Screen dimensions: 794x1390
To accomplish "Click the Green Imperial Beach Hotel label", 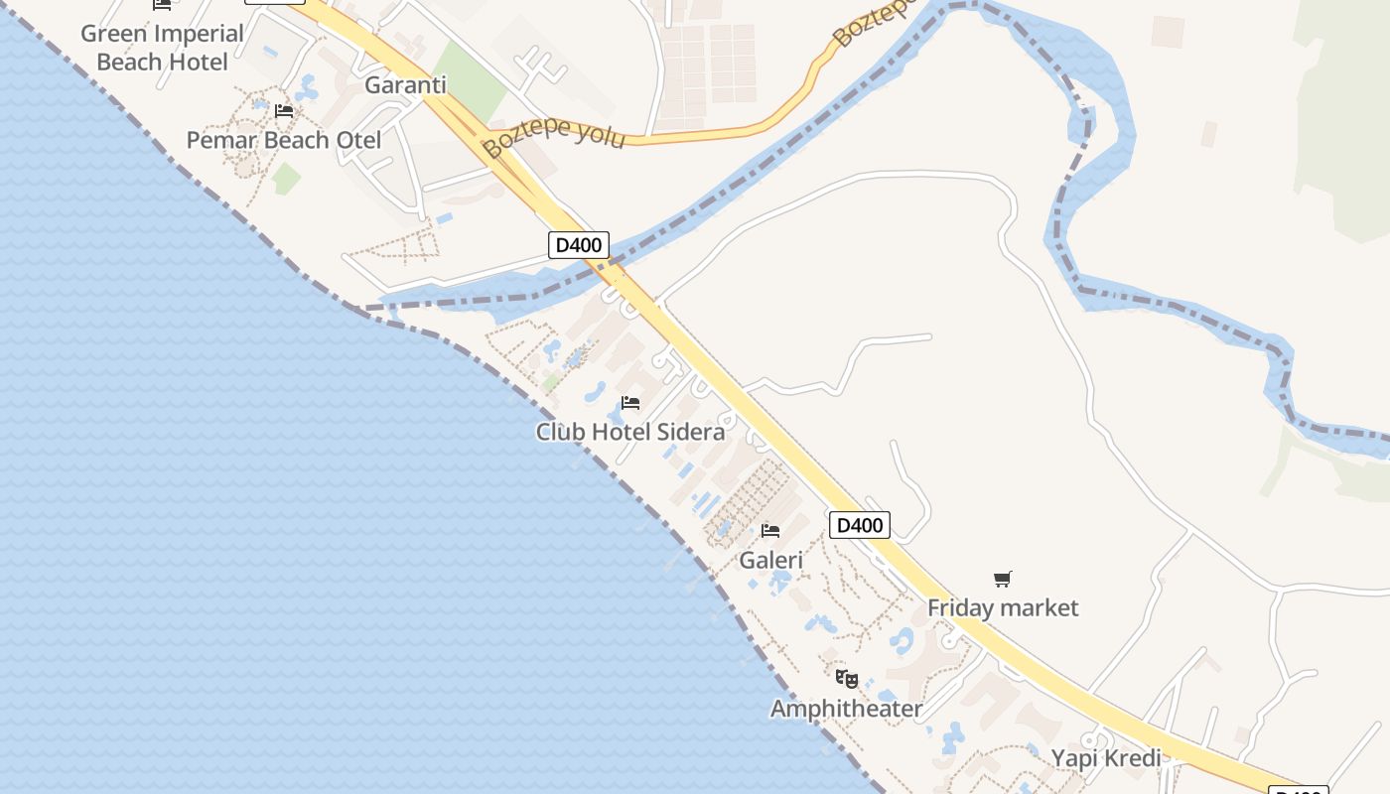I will [x=162, y=48].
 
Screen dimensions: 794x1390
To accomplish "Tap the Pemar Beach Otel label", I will [x=284, y=140].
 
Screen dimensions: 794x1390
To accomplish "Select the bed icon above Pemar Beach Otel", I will [x=284, y=111].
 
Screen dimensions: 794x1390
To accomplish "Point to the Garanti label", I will [x=405, y=84].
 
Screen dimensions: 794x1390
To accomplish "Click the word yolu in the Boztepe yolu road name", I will [x=599, y=134].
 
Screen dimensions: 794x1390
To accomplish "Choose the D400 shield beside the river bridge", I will [x=578, y=245].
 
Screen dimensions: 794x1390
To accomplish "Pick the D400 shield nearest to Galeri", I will [x=859, y=525].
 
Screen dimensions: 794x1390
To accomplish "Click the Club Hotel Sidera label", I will [x=629, y=432].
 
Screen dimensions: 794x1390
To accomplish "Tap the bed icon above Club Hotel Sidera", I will [x=629, y=403].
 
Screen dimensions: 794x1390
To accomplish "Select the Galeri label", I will [x=770, y=560].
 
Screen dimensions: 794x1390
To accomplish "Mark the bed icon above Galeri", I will [x=770, y=531].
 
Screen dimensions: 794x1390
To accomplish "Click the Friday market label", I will [x=1003, y=607].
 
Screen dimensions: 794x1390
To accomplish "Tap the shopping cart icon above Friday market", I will [x=1003, y=579].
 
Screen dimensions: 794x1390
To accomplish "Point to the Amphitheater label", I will [x=846, y=709].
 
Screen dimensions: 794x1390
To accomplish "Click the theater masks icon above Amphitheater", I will [x=846, y=679].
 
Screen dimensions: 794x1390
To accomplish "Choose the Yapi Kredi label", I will [x=1106, y=758].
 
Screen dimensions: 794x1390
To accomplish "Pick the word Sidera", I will [x=691, y=432].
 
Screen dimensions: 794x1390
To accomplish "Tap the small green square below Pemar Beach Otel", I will [x=287, y=179].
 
